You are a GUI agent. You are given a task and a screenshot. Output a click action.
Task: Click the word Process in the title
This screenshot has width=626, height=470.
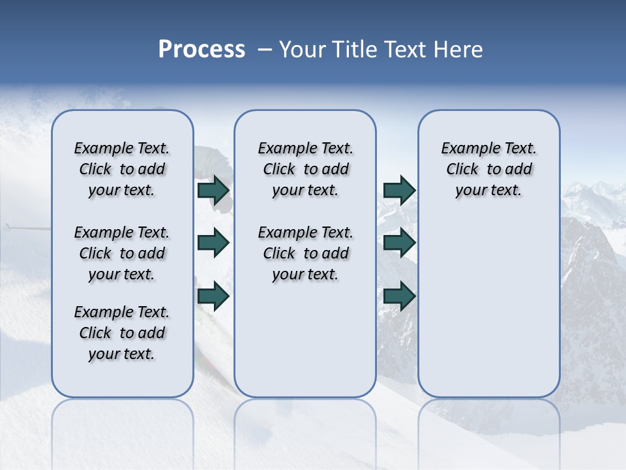coord(201,50)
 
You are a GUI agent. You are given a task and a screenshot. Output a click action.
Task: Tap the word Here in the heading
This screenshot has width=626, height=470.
coord(457,50)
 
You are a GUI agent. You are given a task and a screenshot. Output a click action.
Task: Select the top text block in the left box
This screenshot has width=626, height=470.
coord(122,169)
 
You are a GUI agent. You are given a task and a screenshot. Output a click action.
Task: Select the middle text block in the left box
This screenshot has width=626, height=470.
coord(122,253)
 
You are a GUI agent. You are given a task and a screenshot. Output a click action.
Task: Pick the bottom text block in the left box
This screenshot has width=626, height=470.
coord(122,333)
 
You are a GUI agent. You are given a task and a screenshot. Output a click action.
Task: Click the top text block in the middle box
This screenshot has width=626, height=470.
coord(305,169)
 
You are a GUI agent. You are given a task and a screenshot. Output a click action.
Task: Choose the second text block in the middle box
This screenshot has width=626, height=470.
coord(305,253)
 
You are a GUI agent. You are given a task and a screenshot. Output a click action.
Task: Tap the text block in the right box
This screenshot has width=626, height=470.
coord(488,169)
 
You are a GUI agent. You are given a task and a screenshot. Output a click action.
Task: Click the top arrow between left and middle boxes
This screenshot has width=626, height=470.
coord(213,191)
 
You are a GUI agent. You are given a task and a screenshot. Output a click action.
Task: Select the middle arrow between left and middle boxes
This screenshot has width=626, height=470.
coord(213,243)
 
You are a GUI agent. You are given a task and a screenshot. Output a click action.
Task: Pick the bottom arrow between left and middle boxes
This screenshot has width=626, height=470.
coord(213,296)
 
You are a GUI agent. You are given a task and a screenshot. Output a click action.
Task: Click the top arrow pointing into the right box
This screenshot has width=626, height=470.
coord(399,191)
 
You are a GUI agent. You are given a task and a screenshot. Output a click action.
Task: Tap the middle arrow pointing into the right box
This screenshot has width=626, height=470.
coord(399,243)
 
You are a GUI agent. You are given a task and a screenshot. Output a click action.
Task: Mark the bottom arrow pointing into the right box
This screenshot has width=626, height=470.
coord(399,296)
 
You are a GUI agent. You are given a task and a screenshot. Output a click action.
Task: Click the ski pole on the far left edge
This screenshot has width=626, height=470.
coord(26,228)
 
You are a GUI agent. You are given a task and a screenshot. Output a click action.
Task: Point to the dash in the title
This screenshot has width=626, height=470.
coord(264,50)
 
